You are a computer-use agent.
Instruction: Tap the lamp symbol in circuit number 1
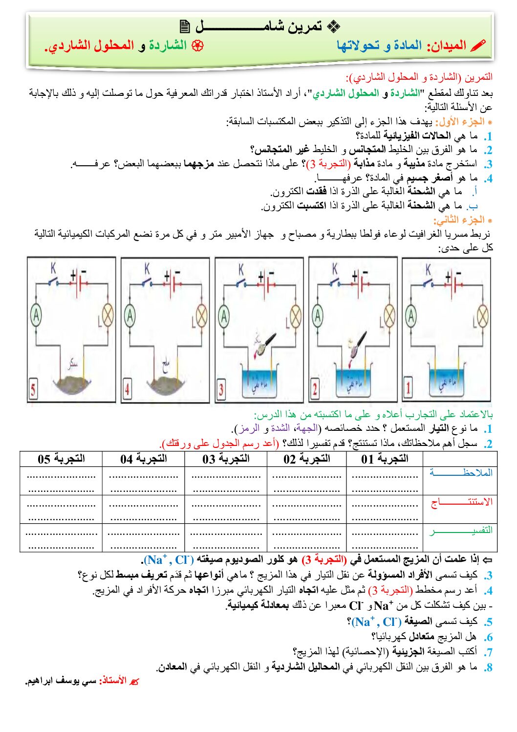[483, 316]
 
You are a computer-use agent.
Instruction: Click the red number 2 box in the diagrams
[315, 390]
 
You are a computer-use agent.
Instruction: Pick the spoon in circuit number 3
[265, 342]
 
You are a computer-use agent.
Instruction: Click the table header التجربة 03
[226, 459]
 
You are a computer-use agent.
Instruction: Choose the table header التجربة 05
[61, 459]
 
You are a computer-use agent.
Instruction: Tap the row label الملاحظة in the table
[460, 473]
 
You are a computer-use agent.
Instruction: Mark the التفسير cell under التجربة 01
[385, 538]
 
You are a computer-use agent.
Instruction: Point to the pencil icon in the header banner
[478, 45]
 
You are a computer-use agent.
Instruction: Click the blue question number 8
[488, 667]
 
